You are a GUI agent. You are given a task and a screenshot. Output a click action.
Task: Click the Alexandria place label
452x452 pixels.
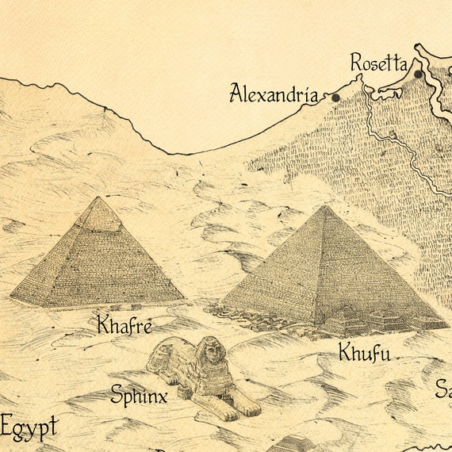click(274, 94)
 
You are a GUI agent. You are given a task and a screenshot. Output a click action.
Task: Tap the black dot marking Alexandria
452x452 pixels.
click(335, 98)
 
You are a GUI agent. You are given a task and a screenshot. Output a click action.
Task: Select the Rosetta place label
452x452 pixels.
click(379, 63)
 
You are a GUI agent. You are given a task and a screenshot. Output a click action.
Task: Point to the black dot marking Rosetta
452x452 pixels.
click(418, 75)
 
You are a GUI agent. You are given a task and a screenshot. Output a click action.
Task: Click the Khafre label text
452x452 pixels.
click(124, 325)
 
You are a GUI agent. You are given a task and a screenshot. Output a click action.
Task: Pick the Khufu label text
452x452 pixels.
click(364, 352)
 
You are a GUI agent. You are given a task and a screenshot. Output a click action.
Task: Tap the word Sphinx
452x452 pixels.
click(139, 394)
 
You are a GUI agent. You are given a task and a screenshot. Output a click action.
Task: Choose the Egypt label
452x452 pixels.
click(29, 428)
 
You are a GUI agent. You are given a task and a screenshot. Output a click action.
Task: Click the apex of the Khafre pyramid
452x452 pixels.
click(98, 198)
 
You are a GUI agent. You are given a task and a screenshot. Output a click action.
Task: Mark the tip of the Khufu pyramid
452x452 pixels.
click(324, 207)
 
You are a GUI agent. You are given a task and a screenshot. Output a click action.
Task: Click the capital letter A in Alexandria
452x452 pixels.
click(236, 94)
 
